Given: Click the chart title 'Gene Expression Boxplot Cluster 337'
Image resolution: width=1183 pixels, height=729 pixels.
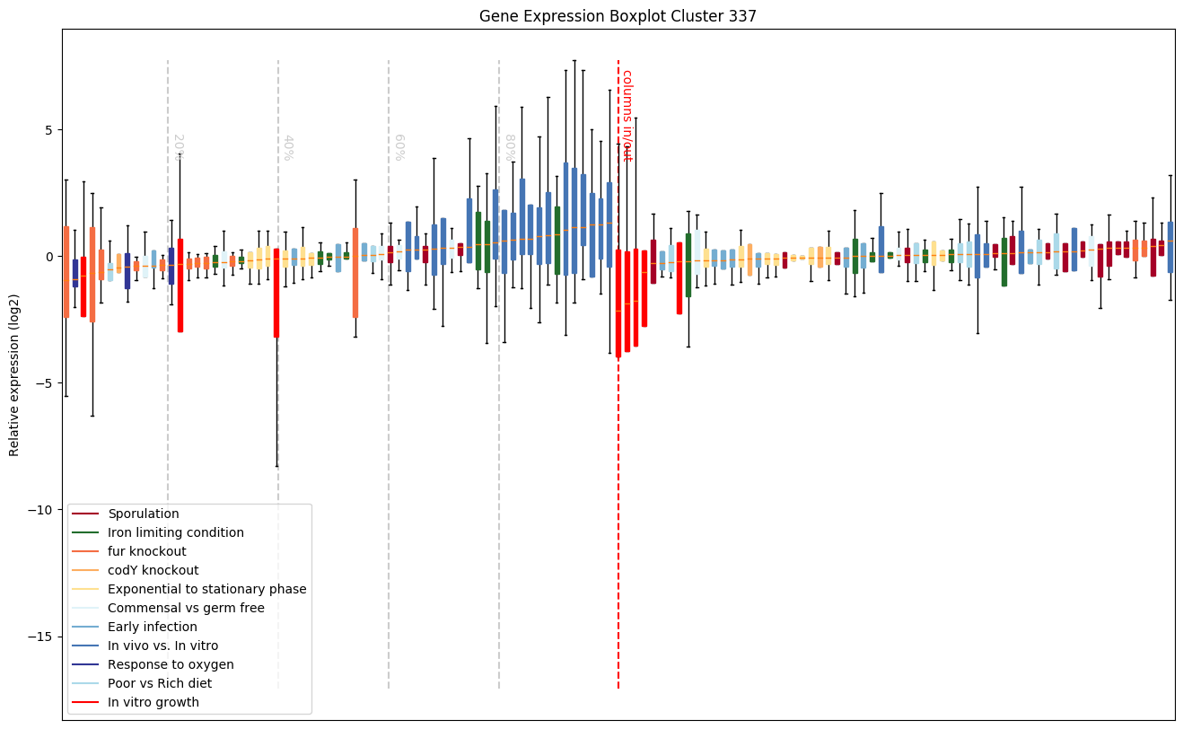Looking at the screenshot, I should click(x=618, y=16).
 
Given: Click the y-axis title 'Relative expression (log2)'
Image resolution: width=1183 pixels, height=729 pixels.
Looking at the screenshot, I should click(x=14, y=374).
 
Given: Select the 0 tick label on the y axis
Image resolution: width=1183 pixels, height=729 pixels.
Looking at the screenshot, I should click(x=48, y=257).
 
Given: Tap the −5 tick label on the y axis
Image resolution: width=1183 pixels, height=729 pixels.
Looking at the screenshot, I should click(x=45, y=383).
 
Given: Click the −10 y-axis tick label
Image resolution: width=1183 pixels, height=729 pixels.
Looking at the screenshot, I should click(x=41, y=510).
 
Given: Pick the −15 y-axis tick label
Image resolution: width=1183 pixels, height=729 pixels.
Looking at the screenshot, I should click(x=41, y=637).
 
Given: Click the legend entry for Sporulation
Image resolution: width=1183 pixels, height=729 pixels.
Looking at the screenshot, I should click(x=143, y=514).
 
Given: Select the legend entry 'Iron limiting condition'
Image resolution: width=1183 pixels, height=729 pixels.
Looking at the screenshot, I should click(x=175, y=532).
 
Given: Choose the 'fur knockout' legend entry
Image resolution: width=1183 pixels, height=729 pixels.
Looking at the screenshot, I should click(x=146, y=551).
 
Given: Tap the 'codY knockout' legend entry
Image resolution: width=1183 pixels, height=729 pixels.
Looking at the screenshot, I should click(x=153, y=570).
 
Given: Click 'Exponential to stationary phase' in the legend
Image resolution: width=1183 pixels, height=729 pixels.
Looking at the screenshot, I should click(x=206, y=589).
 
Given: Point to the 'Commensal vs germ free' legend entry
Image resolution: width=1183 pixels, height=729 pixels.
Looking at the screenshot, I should click(x=182, y=608).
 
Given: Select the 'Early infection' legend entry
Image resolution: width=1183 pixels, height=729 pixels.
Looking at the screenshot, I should click(x=152, y=627).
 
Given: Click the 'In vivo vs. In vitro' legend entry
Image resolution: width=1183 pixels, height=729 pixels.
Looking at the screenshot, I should click(x=162, y=646).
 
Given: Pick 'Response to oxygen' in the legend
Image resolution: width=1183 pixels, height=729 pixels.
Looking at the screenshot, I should click(x=171, y=664).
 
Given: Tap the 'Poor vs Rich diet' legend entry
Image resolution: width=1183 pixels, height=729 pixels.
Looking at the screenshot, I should click(x=160, y=683).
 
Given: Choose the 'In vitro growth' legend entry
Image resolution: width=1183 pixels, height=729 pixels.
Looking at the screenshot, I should click(x=153, y=702).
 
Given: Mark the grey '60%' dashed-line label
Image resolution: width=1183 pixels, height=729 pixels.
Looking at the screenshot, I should click(x=399, y=147).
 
